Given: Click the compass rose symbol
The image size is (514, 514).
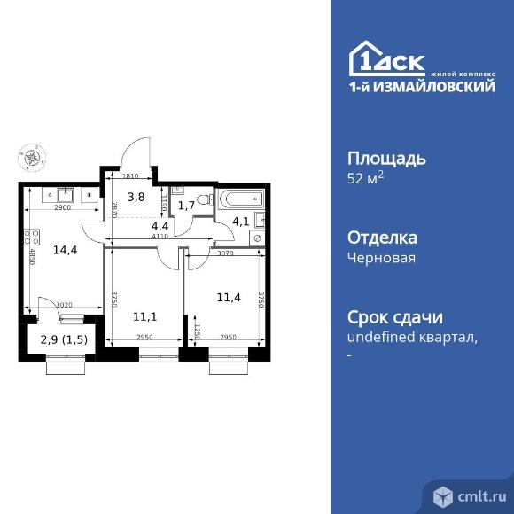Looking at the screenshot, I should coord(31,160).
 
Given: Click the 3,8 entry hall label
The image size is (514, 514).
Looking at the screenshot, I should coord(136,198).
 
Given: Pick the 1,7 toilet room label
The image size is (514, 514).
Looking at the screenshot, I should coord(186,206).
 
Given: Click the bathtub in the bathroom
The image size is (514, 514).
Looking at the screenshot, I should coord(238,198).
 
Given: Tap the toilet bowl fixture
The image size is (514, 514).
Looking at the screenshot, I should coord(202,199).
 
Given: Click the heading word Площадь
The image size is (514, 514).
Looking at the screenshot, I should coord(385,160).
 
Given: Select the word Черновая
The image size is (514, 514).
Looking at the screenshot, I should coord(381,258).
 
